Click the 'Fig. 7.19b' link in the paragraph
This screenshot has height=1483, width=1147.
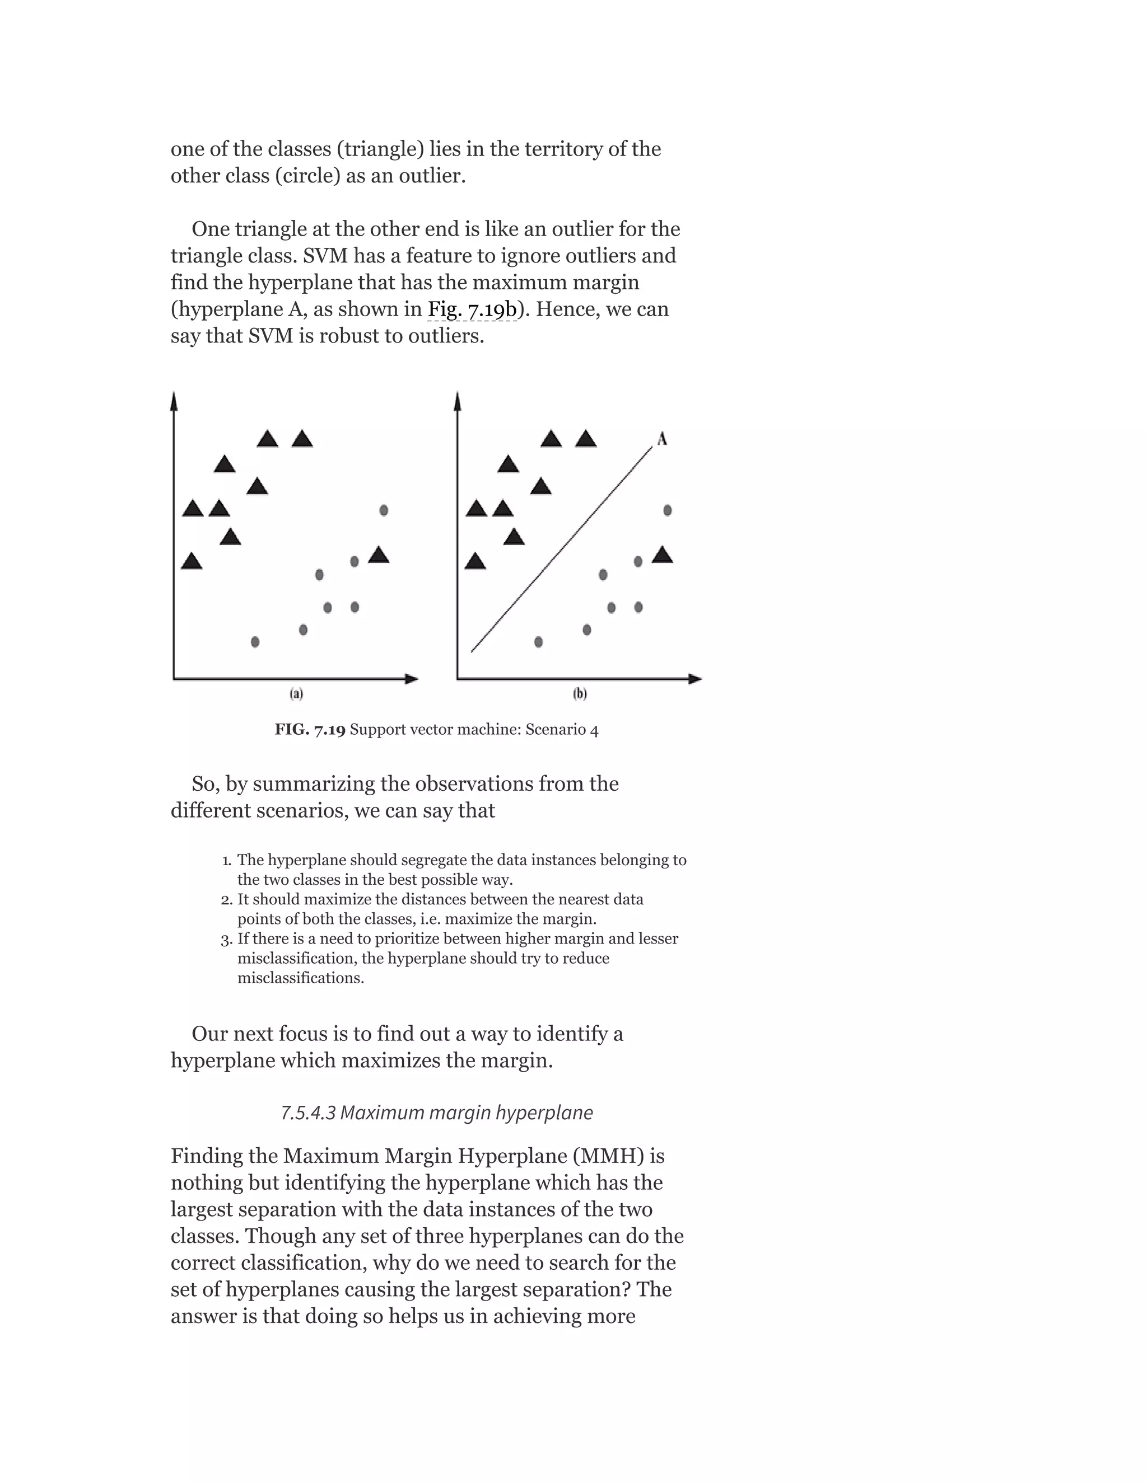click(x=472, y=309)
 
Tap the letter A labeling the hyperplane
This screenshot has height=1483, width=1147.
click(x=662, y=439)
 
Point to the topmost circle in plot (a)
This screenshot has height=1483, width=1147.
click(x=383, y=510)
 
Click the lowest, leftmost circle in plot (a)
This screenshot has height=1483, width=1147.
click(x=255, y=642)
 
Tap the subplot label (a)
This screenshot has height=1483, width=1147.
click(x=296, y=693)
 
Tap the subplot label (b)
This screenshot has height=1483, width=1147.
click(x=580, y=693)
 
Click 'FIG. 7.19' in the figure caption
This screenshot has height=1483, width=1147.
click(x=310, y=730)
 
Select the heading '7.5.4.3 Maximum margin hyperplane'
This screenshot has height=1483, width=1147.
click(x=436, y=1113)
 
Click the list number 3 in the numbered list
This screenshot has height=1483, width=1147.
click(x=226, y=940)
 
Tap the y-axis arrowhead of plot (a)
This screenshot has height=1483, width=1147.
click(x=174, y=401)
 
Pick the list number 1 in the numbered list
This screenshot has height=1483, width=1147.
click(x=226, y=861)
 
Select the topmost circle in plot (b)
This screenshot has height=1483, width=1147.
click(x=667, y=510)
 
